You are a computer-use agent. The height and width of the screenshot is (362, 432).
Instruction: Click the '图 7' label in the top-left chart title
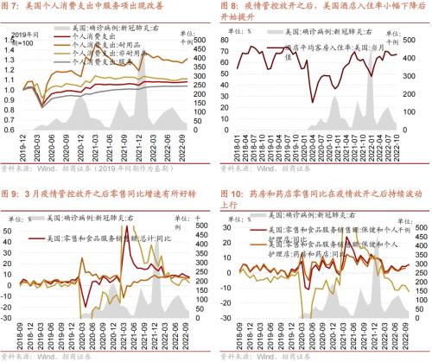pos(14,8)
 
